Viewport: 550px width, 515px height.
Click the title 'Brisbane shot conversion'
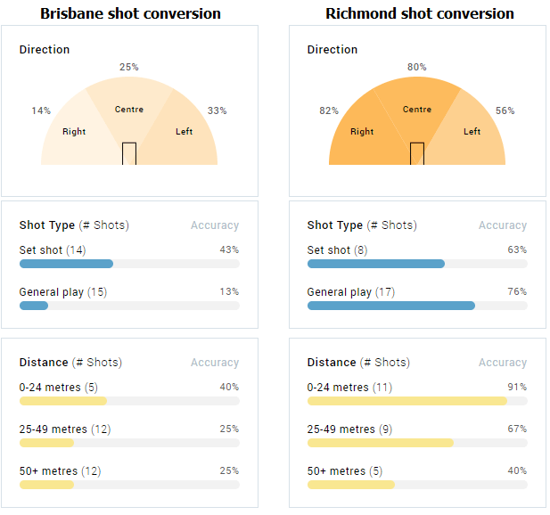(130, 13)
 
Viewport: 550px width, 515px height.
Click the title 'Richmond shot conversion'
(419, 13)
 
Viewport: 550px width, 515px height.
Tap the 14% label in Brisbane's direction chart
(41, 110)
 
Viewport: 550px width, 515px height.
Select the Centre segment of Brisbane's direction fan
(129, 107)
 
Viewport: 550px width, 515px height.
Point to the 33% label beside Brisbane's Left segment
(217, 110)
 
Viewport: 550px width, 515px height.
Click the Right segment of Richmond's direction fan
(360, 134)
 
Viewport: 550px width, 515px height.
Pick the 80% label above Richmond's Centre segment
(416, 67)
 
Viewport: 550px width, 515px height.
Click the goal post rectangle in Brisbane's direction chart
(129, 153)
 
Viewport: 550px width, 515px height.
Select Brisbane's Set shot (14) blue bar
(66, 264)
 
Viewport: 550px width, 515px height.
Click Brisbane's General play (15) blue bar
(34, 306)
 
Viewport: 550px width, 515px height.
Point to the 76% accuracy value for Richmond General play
(517, 291)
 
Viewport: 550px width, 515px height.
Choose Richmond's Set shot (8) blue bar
(375, 264)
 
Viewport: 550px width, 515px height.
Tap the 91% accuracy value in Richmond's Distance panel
(517, 387)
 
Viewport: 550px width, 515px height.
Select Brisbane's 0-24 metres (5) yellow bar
(62, 401)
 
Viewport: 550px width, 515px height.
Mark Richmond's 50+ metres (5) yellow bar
(350, 485)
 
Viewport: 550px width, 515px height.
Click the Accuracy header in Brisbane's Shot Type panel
(215, 225)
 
